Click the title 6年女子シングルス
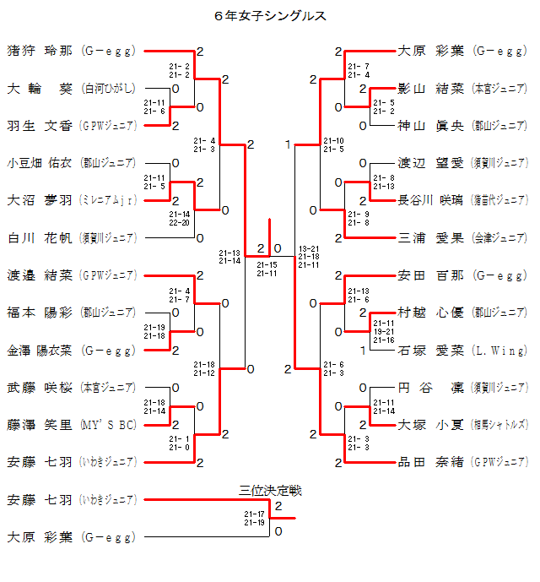(270, 16)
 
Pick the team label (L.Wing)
(500, 350)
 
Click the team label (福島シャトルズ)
(500, 424)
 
